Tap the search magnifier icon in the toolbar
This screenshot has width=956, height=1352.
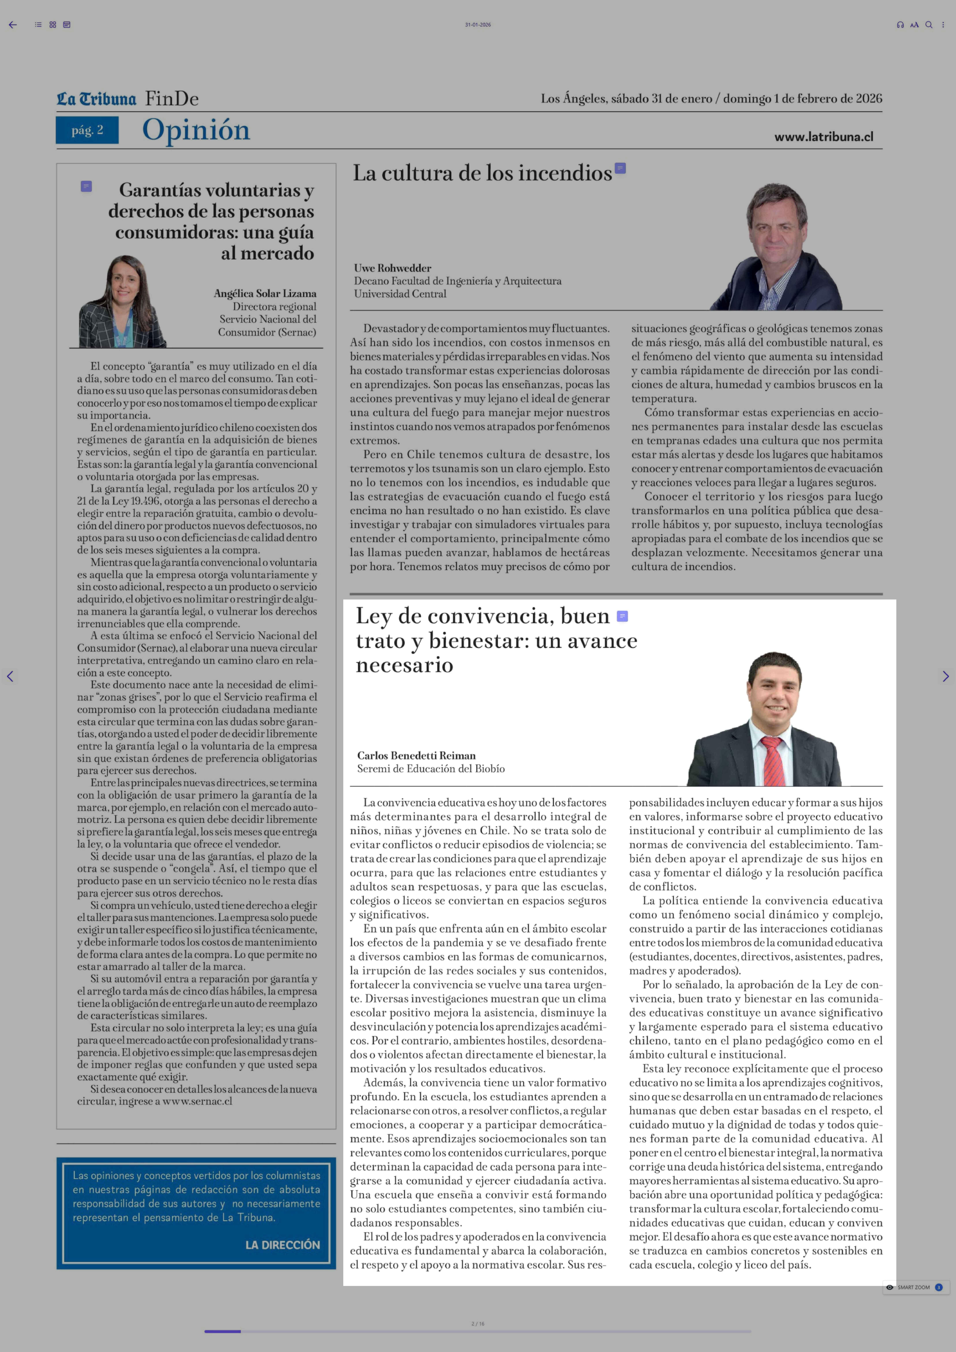pos(928,25)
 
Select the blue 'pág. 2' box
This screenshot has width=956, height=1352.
pos(87,130)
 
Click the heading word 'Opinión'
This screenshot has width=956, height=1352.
pos(196,130)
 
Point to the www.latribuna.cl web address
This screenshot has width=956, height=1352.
pos(824,137)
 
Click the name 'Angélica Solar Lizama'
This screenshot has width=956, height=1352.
pos(265,293)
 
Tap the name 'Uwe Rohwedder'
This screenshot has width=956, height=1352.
pos(393,268)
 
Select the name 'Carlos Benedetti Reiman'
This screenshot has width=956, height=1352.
pos(416,756)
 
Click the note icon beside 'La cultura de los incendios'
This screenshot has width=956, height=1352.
pos(620,168)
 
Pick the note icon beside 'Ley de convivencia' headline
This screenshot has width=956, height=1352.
pos(622,616)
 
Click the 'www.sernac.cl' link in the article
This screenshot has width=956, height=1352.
pos(197,1101)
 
